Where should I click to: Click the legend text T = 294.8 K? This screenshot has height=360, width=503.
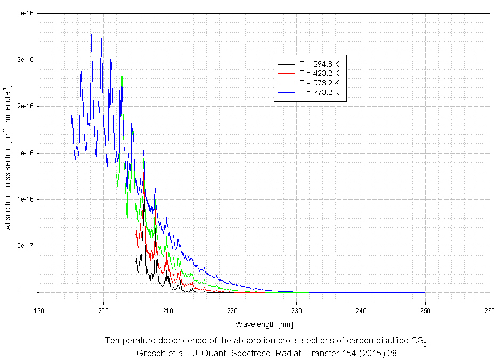(x=319, y=64)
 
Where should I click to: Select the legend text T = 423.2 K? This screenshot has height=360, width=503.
(x=319, y=73)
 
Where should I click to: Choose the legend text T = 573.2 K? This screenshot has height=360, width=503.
(x=319, y=83)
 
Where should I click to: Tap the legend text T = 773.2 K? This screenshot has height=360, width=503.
(x=319, y=92)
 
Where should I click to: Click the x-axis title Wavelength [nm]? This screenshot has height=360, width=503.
(x=264, y=324)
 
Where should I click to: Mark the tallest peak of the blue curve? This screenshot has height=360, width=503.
(x=91, y=35)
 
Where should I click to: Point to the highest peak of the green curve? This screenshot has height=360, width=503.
(x=122, y=76)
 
